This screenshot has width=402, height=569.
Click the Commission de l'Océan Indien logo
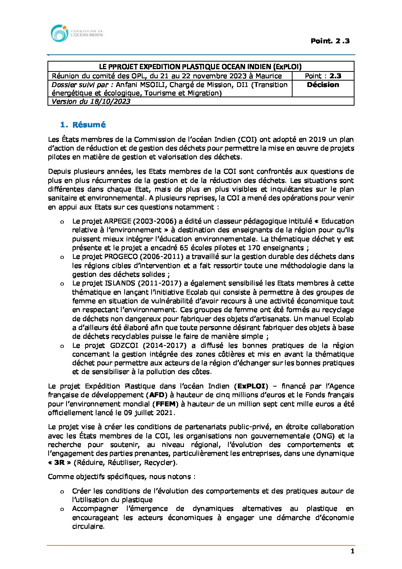point(76,33)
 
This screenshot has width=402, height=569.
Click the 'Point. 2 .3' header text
point(330,41)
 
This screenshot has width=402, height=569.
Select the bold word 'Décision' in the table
point(323,85)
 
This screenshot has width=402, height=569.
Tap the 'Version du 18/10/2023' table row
point(91,101)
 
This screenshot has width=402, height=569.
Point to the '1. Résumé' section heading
point(83,125)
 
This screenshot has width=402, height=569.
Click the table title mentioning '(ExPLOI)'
point(201,67)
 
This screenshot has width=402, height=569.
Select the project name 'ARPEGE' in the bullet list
point(118,221)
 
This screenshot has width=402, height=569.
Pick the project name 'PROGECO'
point(120,257)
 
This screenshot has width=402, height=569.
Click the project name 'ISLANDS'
point(119,283)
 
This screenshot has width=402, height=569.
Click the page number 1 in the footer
point(352,552)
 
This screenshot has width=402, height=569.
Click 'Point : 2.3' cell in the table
point(323,76)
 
